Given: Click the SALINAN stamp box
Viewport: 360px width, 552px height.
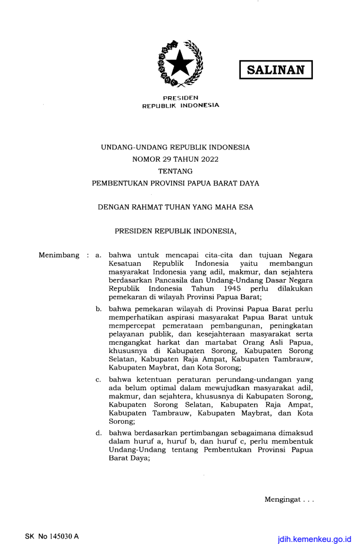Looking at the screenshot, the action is (276, 70).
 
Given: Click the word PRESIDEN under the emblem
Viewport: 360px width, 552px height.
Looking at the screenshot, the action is (180, 97).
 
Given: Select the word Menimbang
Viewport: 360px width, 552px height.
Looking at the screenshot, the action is (59, 255).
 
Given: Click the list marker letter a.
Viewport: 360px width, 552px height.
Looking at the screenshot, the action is (98, 255).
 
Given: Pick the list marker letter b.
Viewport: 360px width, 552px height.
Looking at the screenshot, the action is (98, 308).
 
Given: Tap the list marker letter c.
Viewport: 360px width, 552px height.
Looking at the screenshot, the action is (98, 379).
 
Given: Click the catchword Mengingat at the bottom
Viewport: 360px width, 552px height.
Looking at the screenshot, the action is (283, 501).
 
